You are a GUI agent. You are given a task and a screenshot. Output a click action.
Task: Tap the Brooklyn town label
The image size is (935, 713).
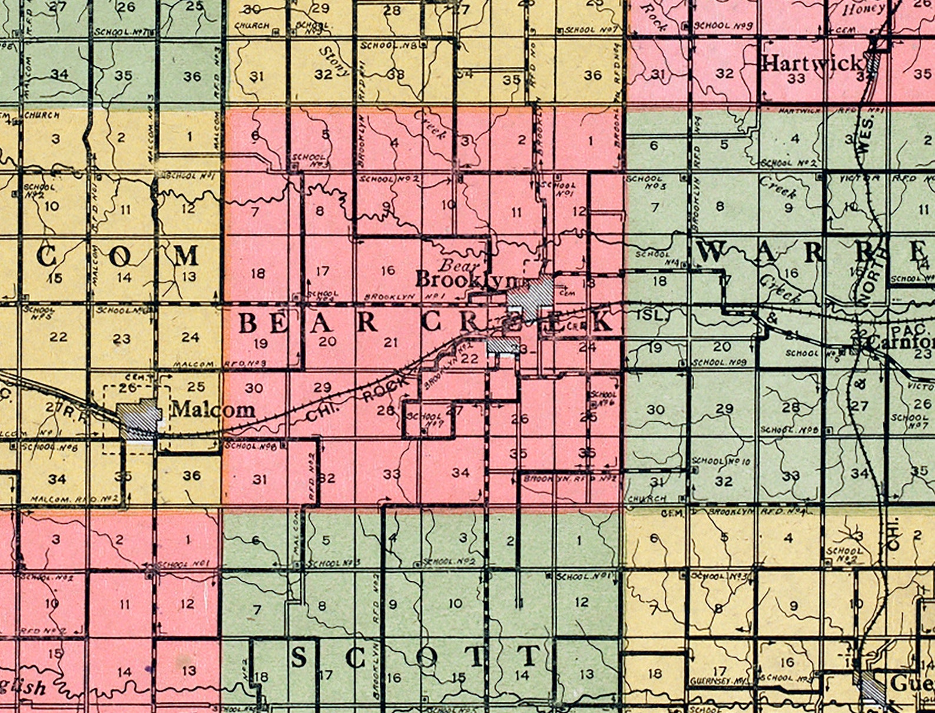tap(465, 279)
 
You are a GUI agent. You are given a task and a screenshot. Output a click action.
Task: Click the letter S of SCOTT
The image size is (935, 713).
tap(299, 657)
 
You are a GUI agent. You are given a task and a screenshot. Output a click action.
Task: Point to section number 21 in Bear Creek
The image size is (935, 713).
tap(391, 342)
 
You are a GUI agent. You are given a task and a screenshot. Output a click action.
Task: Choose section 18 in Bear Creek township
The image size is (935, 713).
tap(257, 273)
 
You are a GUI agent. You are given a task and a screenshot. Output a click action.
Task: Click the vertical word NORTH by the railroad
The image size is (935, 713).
tap(866, 287)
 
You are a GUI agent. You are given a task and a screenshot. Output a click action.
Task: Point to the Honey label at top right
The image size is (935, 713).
tap(863, 9)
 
